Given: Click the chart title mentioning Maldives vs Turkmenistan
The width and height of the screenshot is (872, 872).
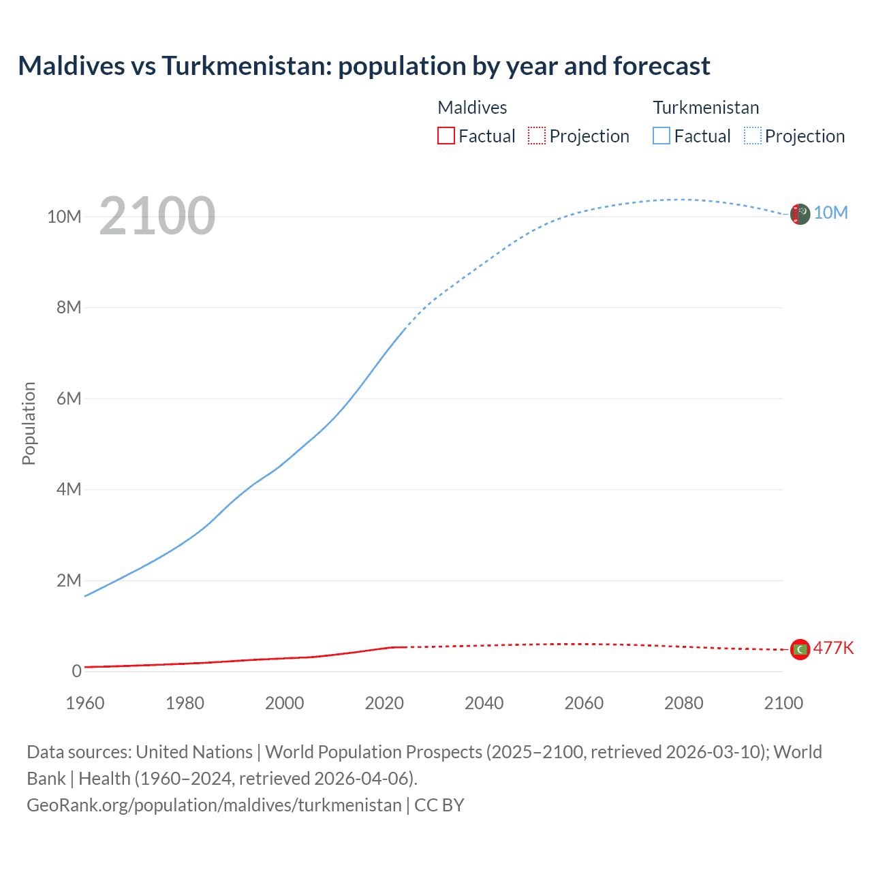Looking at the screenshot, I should tap(364, 66).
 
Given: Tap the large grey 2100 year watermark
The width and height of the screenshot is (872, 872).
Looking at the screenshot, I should tap(157, 216).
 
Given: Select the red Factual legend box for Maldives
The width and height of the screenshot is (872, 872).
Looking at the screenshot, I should tap(446, 136).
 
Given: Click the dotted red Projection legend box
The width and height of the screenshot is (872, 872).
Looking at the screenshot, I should tap(537, 136).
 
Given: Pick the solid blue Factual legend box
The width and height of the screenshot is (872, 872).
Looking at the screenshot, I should tap(661, 136).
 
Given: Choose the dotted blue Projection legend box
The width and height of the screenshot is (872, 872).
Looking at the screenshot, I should tap(753, 136).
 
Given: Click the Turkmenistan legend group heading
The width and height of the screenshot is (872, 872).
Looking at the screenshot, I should tap(706, 108).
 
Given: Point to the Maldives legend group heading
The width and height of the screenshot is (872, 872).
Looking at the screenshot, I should tap(472, 108).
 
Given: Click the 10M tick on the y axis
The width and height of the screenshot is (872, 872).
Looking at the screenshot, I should tap(64, 217).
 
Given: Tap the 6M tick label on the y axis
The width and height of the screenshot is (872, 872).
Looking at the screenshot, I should tap(69, 399).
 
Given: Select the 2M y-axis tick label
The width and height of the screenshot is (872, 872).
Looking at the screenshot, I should tap(69, 580).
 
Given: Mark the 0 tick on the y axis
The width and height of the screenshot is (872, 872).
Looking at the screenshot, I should tap(77, 671).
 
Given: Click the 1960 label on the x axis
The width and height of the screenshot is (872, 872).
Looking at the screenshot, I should tap(85, 703).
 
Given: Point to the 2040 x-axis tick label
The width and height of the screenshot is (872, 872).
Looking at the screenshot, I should tap(484, 703).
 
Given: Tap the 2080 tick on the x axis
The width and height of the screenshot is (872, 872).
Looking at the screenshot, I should tap(684, 703).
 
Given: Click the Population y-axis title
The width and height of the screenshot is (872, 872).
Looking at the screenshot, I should tap(29, 423).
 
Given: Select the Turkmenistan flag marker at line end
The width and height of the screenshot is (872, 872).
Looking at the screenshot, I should tap(800, 214).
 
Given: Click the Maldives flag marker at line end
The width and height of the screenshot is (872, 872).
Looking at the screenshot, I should tap(800, 649).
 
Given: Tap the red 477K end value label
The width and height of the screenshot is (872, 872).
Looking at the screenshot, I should tap(833, 648).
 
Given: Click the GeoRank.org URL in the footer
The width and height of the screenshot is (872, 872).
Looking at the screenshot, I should tap(214, 805).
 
